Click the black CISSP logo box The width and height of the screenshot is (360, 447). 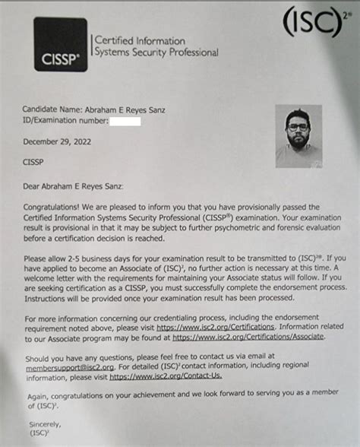click(x=60, y=45)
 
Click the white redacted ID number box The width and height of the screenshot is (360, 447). click(x=125, y=122)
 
